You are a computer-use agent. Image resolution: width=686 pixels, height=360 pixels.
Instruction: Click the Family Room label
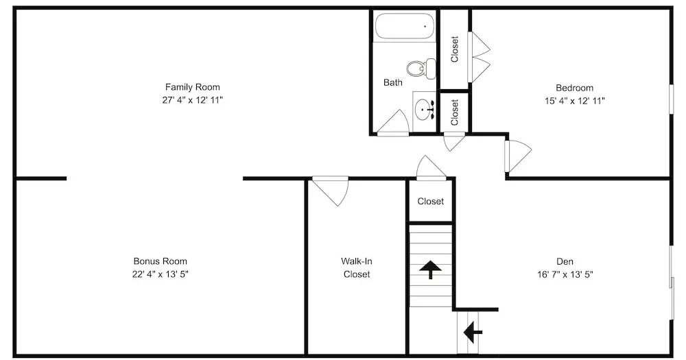(193, 87)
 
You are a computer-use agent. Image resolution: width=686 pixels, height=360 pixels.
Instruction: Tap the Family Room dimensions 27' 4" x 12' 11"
(193, 100)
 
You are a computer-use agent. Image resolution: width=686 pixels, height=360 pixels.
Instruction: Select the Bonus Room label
(160, 261)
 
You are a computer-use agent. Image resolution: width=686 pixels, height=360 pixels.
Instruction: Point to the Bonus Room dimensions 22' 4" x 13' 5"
(160, 274)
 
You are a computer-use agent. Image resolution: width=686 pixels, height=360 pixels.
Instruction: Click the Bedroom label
(574, 88)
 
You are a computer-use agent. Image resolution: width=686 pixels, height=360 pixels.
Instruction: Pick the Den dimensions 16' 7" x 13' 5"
(565, 275)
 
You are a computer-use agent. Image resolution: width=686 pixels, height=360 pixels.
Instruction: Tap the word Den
(565, 261)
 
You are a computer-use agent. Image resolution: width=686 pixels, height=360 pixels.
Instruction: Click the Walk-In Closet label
(357, 267)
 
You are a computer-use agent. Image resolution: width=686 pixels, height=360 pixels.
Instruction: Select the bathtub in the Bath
(405, 27)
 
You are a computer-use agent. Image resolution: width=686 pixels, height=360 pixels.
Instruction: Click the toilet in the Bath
(421, 69)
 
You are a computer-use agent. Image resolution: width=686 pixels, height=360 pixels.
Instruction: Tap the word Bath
(393, 82)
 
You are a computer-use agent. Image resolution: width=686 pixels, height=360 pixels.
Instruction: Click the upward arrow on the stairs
(431, 269)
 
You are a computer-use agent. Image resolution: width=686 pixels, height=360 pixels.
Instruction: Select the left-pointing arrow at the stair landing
(473, 333)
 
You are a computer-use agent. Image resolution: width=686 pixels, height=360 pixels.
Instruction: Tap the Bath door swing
(393, 123)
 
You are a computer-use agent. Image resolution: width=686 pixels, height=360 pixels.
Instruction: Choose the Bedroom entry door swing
(518, 156)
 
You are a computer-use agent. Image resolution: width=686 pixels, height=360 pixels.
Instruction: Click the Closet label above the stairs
(431, 201)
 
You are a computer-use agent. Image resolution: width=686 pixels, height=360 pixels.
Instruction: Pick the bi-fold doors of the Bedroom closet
(479, 57)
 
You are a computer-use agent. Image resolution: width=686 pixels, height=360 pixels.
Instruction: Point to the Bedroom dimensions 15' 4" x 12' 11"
(574, 101)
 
